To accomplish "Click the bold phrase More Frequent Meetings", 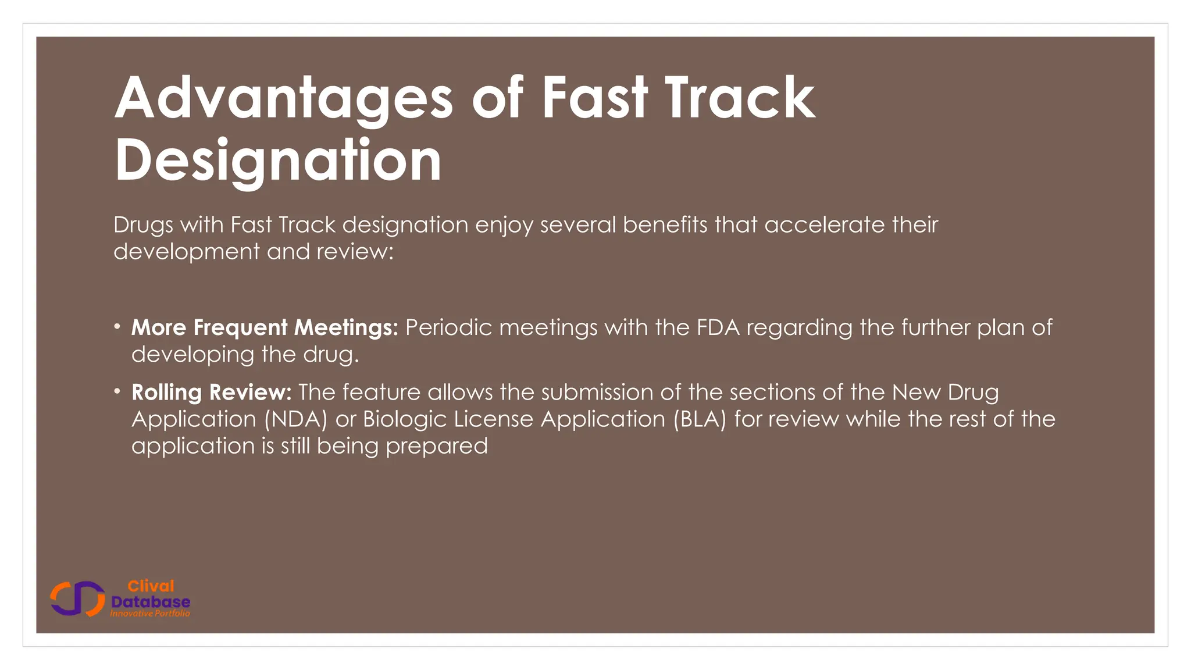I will click(x=265, y=327).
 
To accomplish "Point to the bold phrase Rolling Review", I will click(x=211, y=392).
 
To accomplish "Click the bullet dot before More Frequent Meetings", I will click(x=117, y=327).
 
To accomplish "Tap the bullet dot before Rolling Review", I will click(x=117, y=391).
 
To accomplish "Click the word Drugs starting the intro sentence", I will click(x=143, y=225).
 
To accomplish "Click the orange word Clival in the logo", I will click(x=151, y=586).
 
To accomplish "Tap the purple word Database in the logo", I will click(x=151, y=601).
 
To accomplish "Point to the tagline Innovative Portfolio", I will click(x=150, y=614).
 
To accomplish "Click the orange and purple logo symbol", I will click(x=77, y=598).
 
